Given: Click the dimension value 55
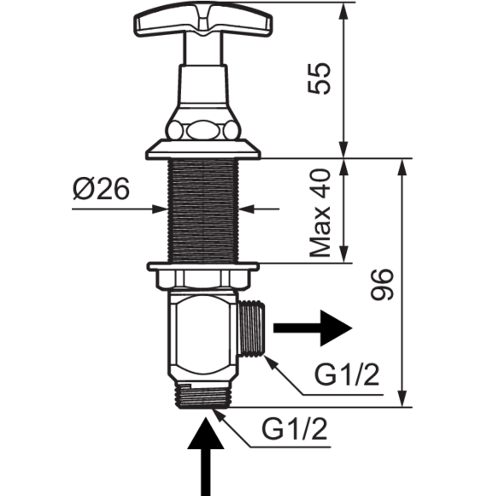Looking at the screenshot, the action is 320,78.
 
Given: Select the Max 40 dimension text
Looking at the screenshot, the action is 320,213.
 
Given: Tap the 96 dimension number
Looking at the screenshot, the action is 382,285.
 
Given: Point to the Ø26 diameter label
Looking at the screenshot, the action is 101,188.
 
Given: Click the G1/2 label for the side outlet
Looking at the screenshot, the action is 347,375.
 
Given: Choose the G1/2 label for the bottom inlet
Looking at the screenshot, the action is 294,428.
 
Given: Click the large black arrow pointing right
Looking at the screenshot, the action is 313,328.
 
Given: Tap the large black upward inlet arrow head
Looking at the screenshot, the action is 206,434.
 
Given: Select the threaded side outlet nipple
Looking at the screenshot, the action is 251,328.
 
